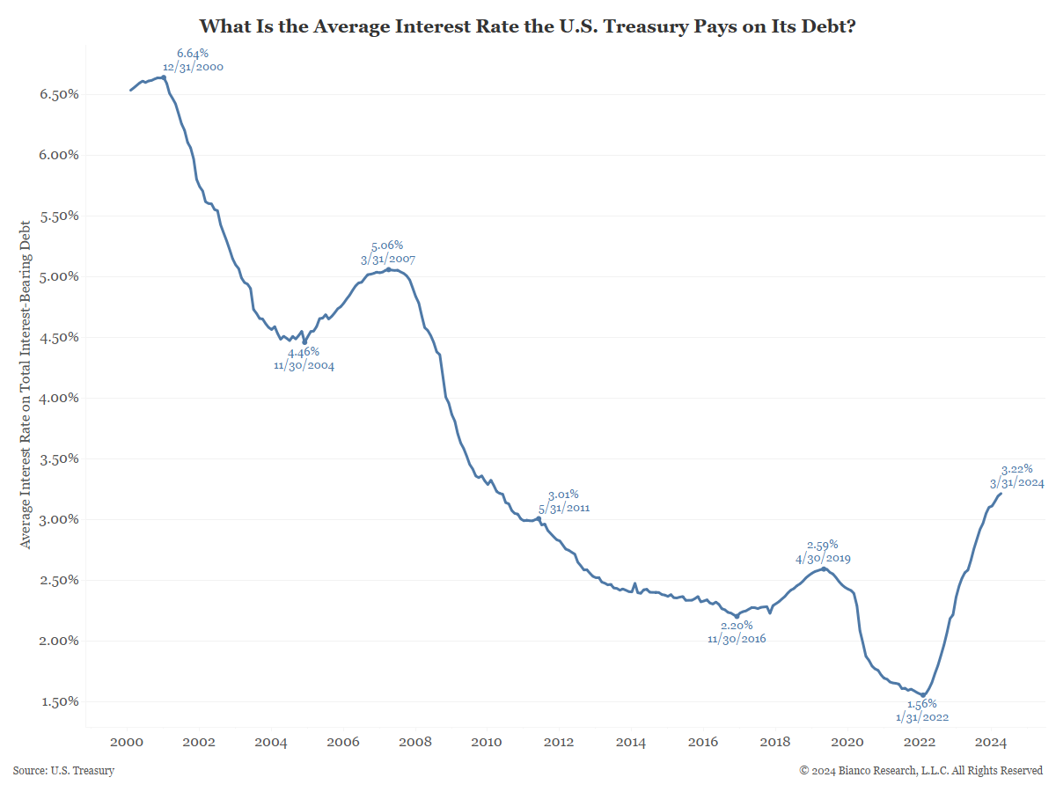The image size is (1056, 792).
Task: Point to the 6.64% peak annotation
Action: coord(193,54)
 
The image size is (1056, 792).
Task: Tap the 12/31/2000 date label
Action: coord(193,67)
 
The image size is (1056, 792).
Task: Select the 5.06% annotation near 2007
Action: coord(387,246)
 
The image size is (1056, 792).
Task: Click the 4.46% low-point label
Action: coord(304,352)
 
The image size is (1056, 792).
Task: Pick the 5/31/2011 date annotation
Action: coord(563,508)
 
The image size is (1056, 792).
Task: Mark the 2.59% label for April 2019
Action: coord(823,545)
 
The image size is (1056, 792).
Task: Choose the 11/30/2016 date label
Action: coord(737,638)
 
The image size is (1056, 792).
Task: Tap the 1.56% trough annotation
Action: coord(921,704)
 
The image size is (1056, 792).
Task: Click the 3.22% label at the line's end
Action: coord(1016,469)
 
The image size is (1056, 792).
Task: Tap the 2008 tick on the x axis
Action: coord(414,742)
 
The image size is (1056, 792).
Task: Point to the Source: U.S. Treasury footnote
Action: coord(63,771)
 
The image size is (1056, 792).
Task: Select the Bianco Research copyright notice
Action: coord(921,771)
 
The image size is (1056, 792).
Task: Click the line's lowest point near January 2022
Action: coord(922,695)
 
